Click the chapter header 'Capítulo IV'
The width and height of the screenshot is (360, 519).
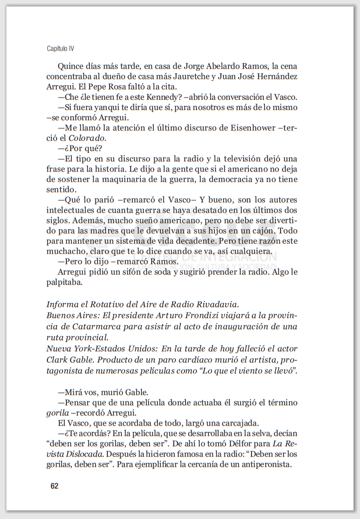click(60, 49)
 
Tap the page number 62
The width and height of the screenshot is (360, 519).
click(54, 486)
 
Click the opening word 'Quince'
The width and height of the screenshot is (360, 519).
click(71, 67)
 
